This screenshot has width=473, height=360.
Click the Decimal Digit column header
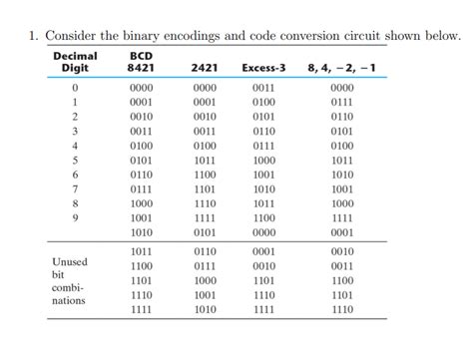[75, 61]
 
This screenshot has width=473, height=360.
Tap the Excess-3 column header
[264, 68]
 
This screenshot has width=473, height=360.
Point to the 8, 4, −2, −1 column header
[341, 68]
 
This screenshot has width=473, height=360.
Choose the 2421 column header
[204, 68]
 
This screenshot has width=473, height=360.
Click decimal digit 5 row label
[75, 159]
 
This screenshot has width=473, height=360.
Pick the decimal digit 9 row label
[75, 216]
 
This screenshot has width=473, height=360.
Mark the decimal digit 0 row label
[75, 88]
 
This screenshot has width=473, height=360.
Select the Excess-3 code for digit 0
[264, 88]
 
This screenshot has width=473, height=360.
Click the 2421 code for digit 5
[204, 159]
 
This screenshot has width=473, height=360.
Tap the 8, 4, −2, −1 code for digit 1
[341, 102]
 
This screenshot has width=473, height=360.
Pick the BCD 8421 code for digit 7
[141, 187]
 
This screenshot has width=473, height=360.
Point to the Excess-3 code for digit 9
[264, 216]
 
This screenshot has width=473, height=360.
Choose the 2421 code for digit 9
[204, 216]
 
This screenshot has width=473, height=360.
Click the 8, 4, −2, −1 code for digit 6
[341, 174]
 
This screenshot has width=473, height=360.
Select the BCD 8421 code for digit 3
[141, 131]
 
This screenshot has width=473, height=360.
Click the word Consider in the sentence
[74, 37]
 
